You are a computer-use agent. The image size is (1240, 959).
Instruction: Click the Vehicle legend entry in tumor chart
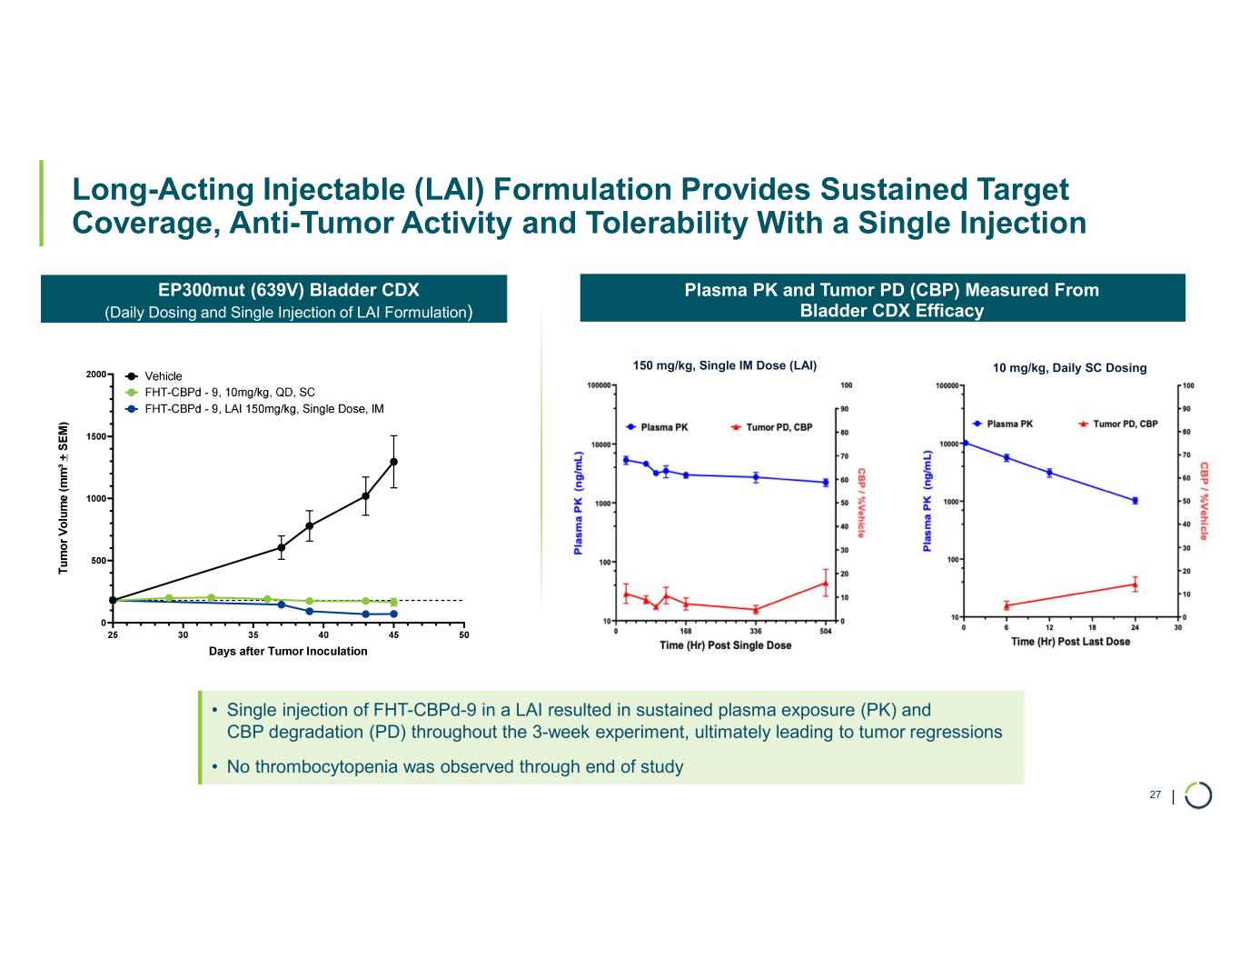tap(164, 376)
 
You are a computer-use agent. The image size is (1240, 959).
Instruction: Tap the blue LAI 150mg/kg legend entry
tap(264, 409)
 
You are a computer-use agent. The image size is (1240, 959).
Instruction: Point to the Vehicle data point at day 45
tap(393, 462)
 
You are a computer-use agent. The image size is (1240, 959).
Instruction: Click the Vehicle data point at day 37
tap(282, 547)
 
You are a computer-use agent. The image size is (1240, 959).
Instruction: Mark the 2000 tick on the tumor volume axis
tap(96, 374)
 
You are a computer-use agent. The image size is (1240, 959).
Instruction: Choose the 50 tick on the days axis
tap(463, 634)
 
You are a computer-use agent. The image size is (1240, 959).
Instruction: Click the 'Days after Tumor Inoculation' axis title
tap(288, 651)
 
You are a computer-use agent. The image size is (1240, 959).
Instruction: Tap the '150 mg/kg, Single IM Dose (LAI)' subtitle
tap(724, 365)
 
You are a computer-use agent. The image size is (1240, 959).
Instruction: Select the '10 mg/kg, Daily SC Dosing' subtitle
tap(1069, 368)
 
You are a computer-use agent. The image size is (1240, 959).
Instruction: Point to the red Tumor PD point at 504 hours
tap(825, 584)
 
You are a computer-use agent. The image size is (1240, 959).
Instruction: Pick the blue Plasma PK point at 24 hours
tap(1135, 501)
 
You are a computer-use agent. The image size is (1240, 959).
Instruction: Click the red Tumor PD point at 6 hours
tap(1007, 605)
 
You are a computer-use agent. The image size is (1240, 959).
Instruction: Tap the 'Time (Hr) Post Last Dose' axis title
tap(1070, 642)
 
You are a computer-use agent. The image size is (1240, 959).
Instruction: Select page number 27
tap(1155, 794)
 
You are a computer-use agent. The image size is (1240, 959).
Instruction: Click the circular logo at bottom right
tap(1198, 794)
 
